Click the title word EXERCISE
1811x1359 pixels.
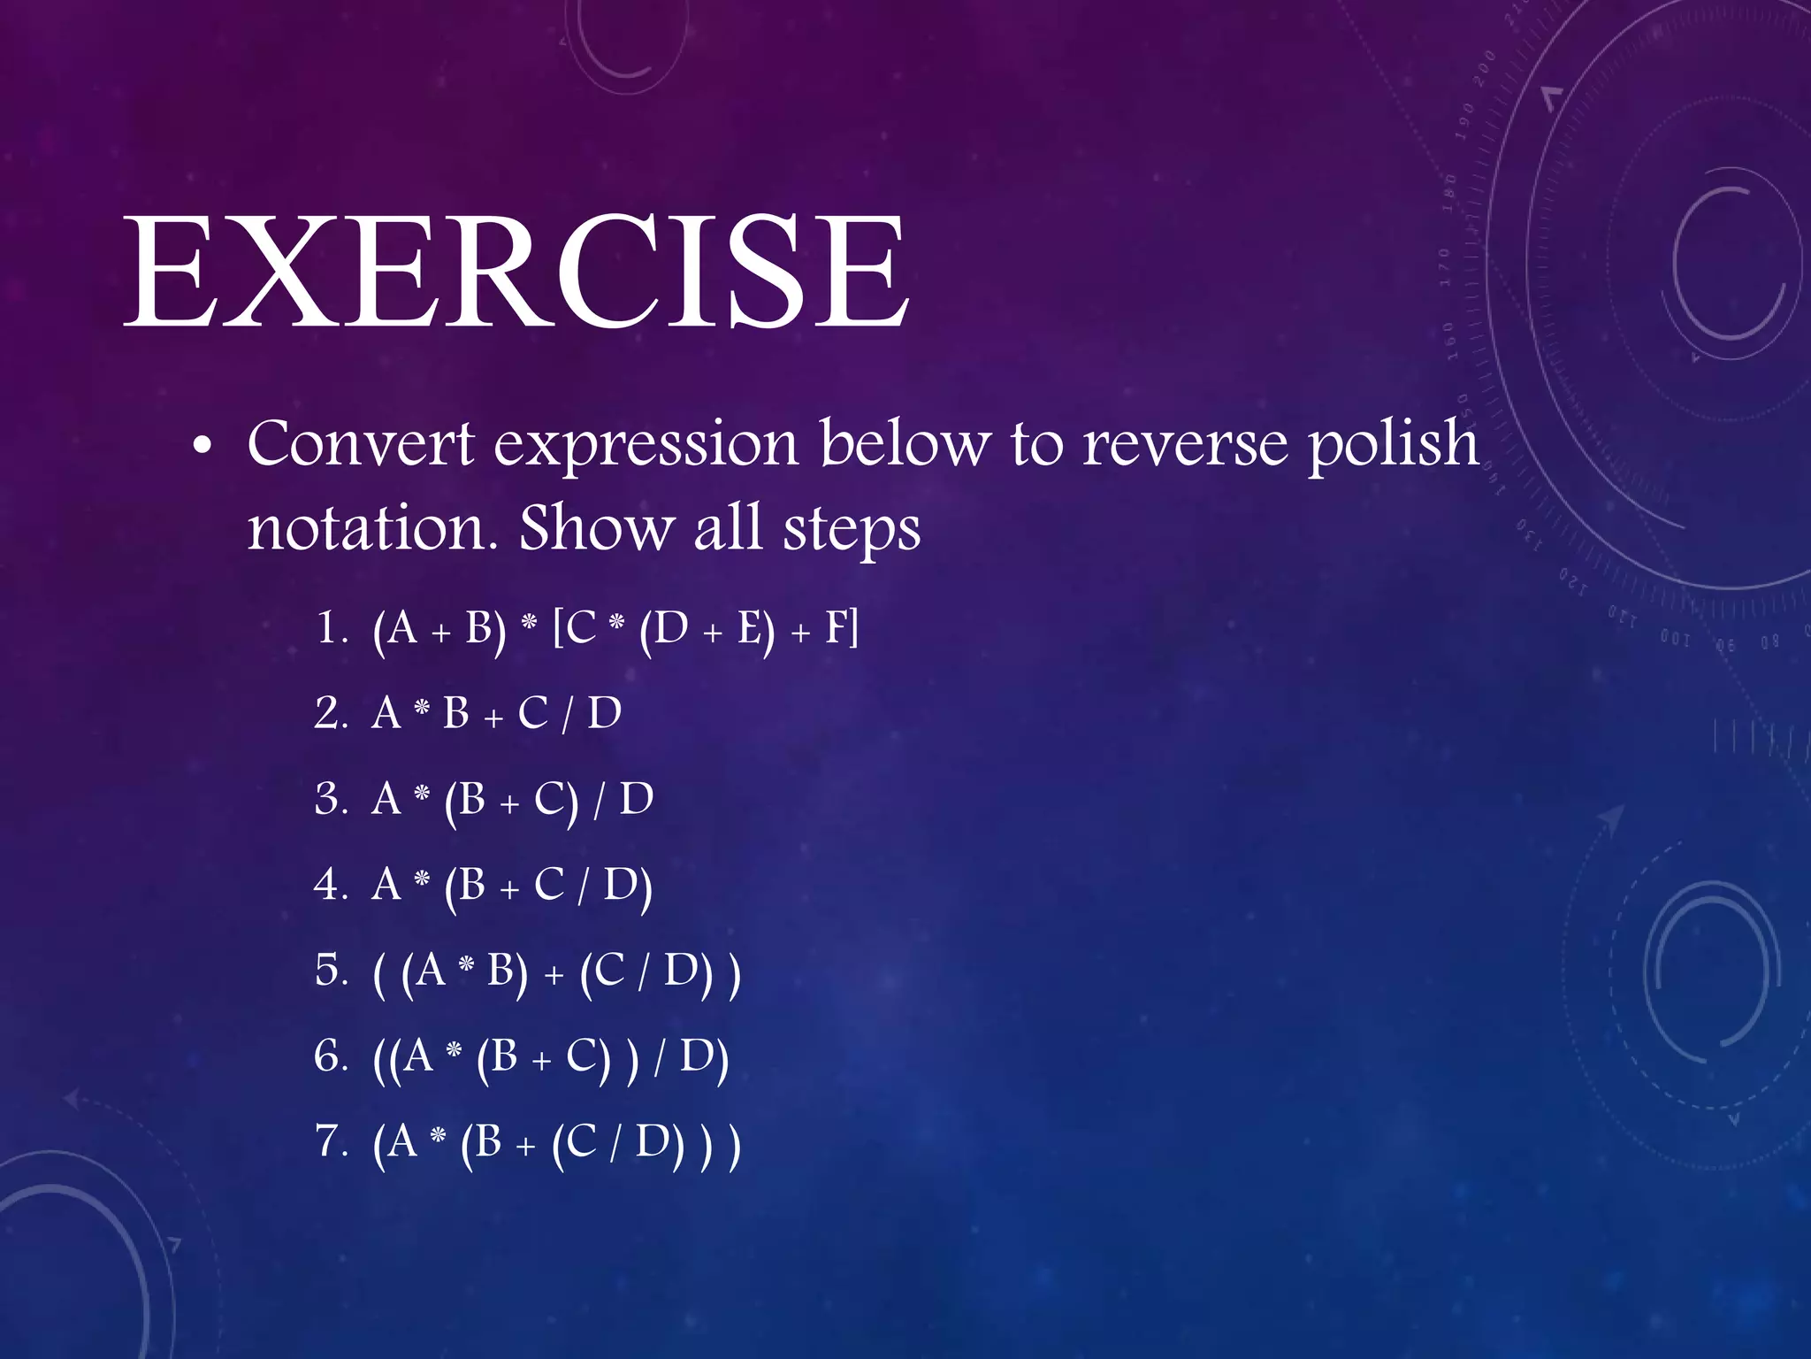[x=517, y=272]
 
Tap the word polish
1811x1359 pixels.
[x=1393, y=445]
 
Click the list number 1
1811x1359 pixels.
[x=329, y=629]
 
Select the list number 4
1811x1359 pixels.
[x=329, y=885]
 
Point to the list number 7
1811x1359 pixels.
[x=329, y=1141]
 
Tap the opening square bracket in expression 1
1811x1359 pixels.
[x=559, y=629]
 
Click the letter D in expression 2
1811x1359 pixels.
[x=605, y=714]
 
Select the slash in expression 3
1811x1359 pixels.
[x=600, y=800]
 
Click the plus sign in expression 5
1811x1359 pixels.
[x=554, y=975]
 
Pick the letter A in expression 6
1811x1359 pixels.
[x=417, y=1056]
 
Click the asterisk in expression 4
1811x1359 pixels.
[x=423, y=879]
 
